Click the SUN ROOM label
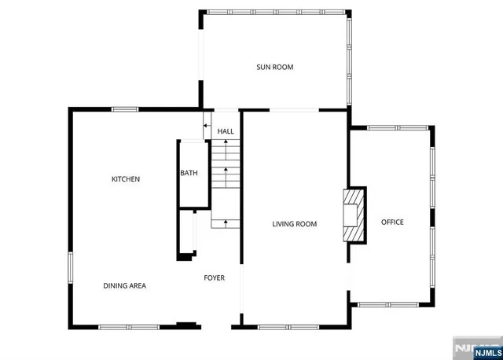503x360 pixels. pos(274,67)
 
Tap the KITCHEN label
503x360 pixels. pos(126,179)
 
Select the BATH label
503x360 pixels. pos(189,173)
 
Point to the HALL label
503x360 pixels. pos(226,131)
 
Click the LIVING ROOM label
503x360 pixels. pos(294,224)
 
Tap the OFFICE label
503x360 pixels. pos(392,222)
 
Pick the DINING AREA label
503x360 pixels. pos(125,285)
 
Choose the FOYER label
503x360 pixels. pos(215,277)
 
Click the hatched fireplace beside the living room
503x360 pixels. pos(356,213)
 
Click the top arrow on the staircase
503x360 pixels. pos(226,145)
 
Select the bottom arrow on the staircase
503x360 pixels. pos(226,223)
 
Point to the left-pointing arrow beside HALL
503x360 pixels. pos(206,123)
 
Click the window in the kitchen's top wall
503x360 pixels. pos(125,109)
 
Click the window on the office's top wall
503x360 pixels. pos(397,127)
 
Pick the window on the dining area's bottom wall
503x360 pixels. pos(129,326)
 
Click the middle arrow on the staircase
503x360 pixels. pos(226,169)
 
